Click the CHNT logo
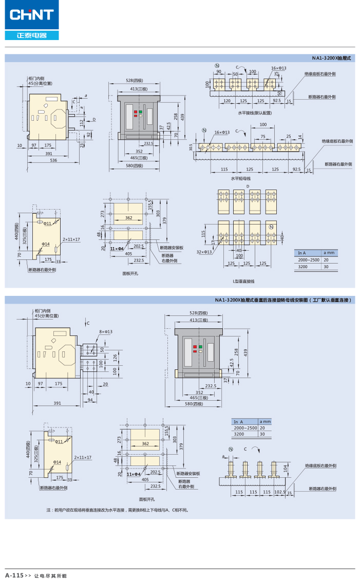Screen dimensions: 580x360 pos(32,14)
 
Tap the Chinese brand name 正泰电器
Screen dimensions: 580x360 pos(32,35)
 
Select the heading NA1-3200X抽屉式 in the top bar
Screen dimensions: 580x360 pos(331,59)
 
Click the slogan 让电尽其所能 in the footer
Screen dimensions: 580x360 pos(50,575)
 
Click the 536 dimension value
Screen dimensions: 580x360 pos(54,161)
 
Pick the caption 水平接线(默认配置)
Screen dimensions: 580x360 pos(255,112)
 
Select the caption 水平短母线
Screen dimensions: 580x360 pos(240,178)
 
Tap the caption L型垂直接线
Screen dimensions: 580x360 pos(243,282)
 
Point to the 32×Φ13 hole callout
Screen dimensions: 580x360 pos(204,252)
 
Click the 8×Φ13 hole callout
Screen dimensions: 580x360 pos(106,332)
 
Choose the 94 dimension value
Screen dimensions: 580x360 pos(90,399)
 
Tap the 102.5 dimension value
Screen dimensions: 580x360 pos(280,492)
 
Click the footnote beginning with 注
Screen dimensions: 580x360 pos(118,510)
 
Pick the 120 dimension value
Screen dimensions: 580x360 pos(226,101)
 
